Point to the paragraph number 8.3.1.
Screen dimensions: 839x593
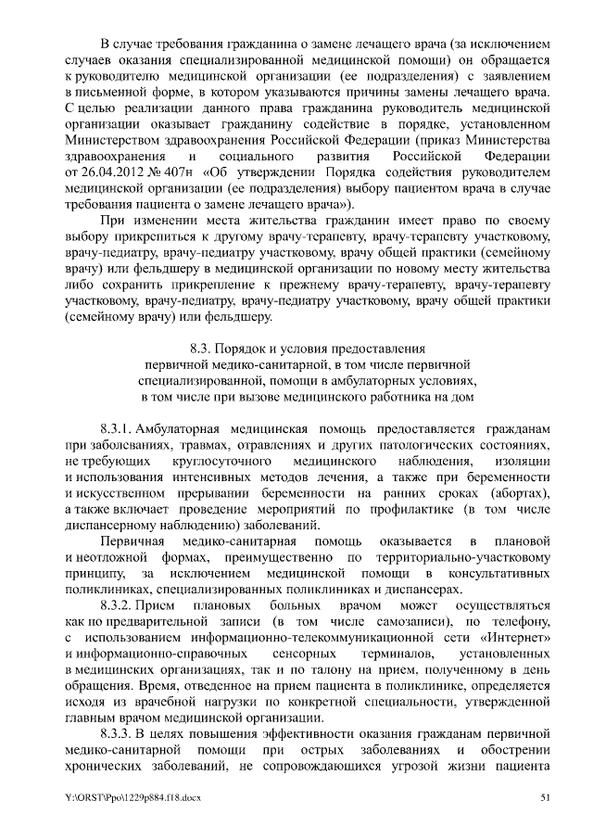[x=117, y=429]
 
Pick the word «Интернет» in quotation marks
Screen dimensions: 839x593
[x=514, y=639]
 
